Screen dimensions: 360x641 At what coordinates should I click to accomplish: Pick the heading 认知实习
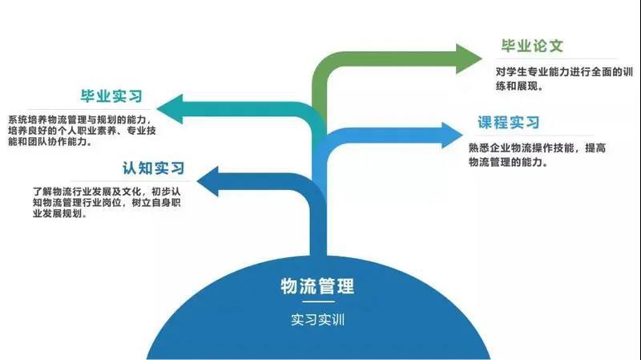(x=153, y=168)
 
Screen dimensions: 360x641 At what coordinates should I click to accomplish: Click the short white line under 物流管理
(x=317, y=303)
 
